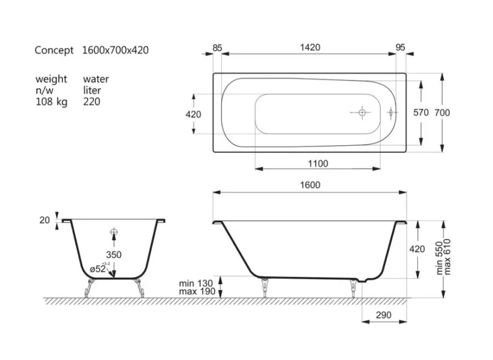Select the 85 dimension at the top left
point(217,47)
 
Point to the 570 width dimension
point(422,113)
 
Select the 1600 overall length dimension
point(311,185)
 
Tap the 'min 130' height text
point(196,283)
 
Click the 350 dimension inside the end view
point(113,254)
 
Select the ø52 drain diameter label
point(98,269)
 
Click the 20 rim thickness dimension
point(44,220)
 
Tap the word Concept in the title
point(54,50)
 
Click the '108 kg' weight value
point(52,102)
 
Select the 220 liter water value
point(92,102)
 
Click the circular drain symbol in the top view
point(362,112)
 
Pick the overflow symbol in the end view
point(113,233)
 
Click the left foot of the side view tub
point(264,287)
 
